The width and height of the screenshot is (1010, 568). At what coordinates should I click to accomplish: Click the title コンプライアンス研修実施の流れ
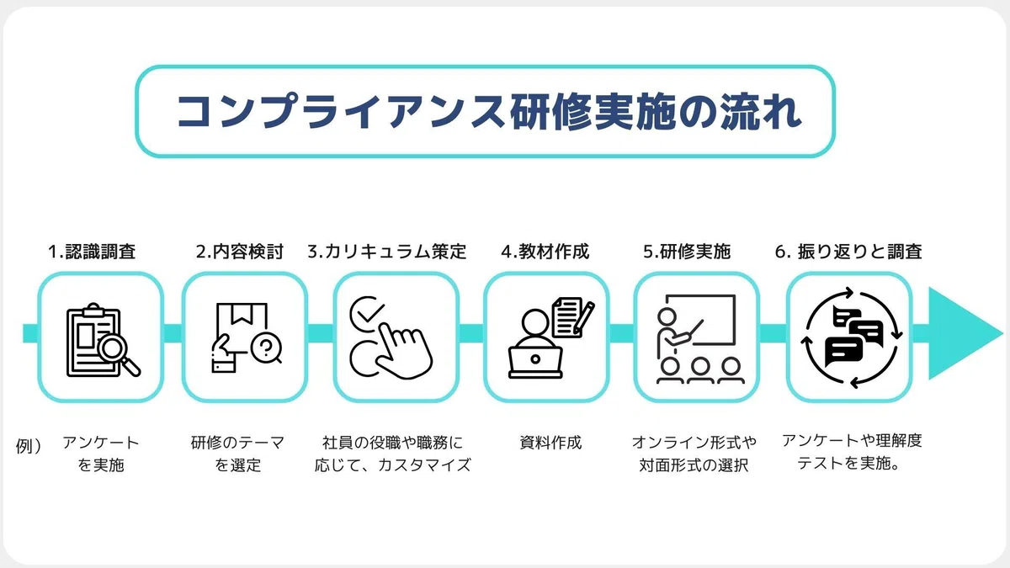pos(489,112)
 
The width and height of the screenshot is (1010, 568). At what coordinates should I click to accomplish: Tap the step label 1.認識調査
pos(92,252)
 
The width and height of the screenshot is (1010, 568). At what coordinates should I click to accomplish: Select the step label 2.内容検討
pos(239,252)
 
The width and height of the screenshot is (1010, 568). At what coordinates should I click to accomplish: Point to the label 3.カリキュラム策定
pos(387,252)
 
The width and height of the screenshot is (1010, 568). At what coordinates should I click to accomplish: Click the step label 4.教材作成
pos(545,252)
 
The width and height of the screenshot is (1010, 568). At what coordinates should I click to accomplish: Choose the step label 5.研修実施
pos(687,252)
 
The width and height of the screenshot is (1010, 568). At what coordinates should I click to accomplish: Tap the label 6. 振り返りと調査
pos(848,252)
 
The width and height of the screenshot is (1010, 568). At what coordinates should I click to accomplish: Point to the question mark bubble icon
pos(267,348)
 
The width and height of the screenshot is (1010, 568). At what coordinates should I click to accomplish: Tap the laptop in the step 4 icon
pos(535,362)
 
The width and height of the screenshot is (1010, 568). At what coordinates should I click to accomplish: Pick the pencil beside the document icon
pos(584,318)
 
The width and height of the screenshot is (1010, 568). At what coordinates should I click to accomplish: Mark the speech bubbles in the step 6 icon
pos(851,337)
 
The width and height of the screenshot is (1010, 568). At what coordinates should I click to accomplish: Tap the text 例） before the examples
pos(29,446)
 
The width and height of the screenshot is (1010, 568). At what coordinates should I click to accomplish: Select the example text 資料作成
pos(550,443)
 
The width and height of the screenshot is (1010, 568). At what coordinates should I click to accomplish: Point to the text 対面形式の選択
pos(694,465)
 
